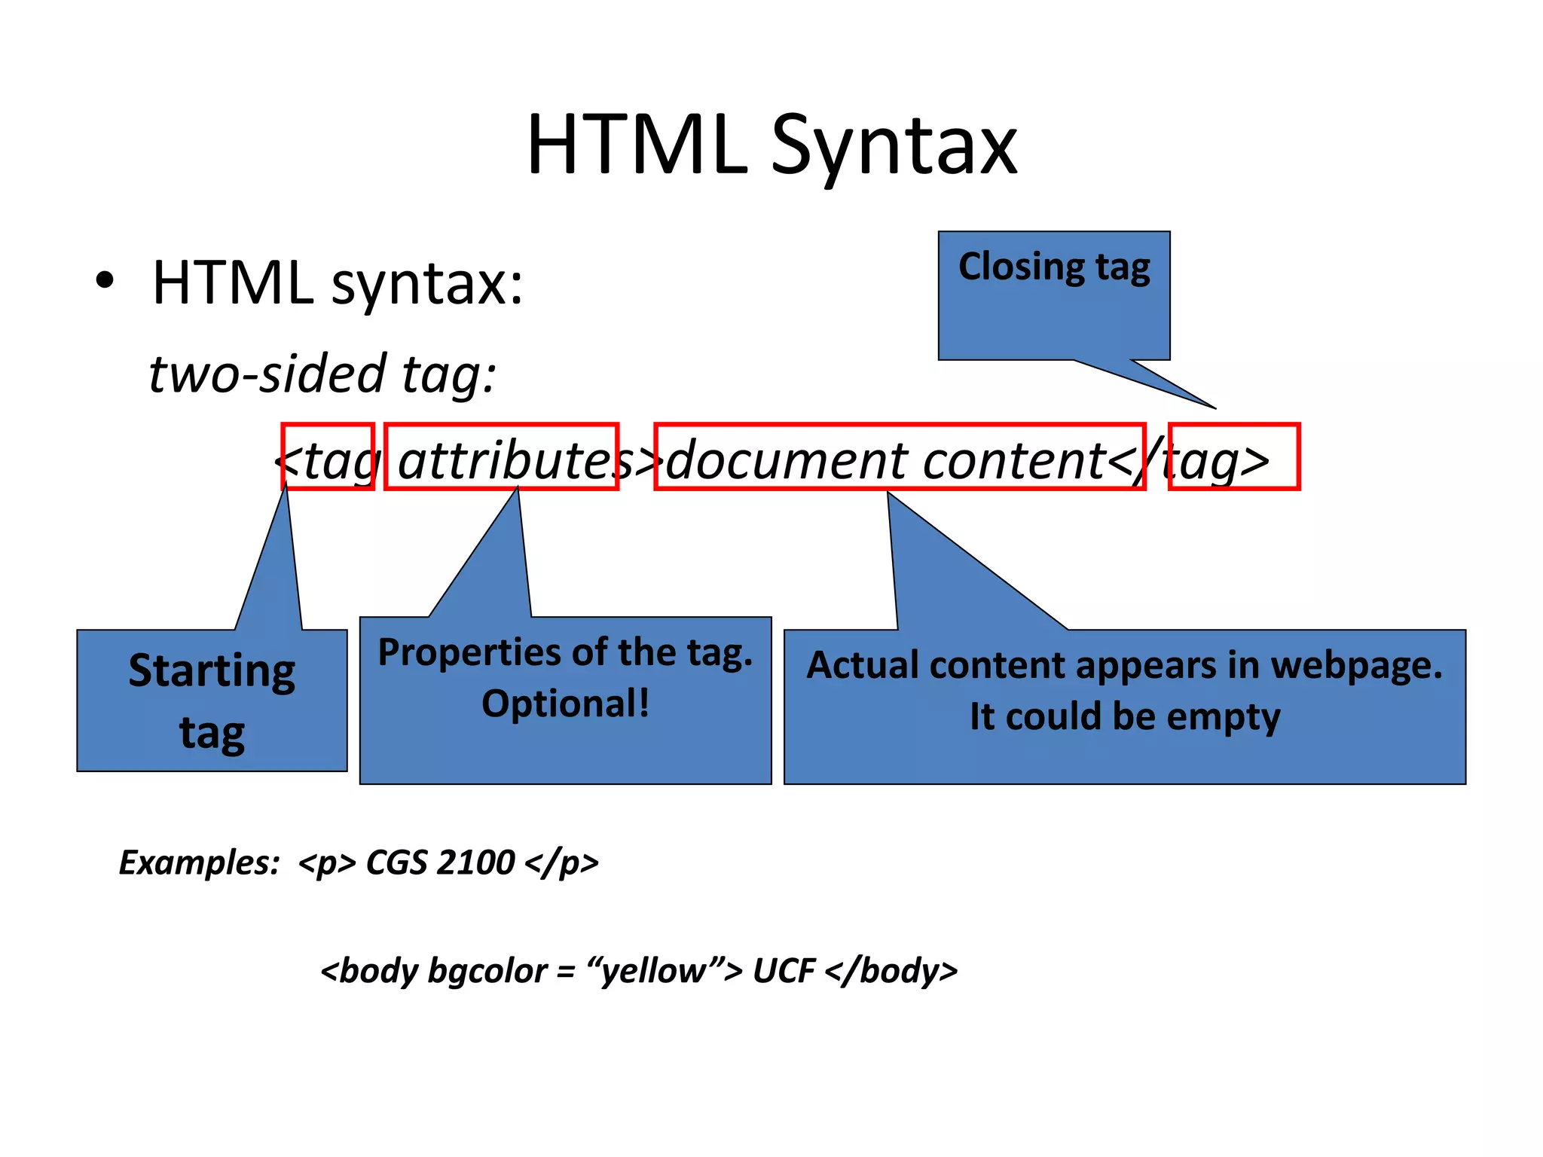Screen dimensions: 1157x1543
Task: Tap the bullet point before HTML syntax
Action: click(105, 281)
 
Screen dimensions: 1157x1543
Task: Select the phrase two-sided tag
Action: click(322, 374)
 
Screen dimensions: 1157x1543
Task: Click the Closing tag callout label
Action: click(1053, 267)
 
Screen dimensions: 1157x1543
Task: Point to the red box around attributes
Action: click(501, 457)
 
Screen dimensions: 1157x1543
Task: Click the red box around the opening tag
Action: click(328, 457)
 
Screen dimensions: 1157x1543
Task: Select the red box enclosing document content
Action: click(900, 457)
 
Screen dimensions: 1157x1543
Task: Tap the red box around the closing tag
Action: click(1234, 457)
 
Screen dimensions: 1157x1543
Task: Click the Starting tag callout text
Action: click(212, 701)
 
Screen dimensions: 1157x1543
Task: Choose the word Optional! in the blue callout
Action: click(565, 704)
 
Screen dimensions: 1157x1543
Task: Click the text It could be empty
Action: click(1124, 717)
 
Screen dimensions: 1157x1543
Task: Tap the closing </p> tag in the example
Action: click(562, 862)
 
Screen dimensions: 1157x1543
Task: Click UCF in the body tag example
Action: click(784, 971)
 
